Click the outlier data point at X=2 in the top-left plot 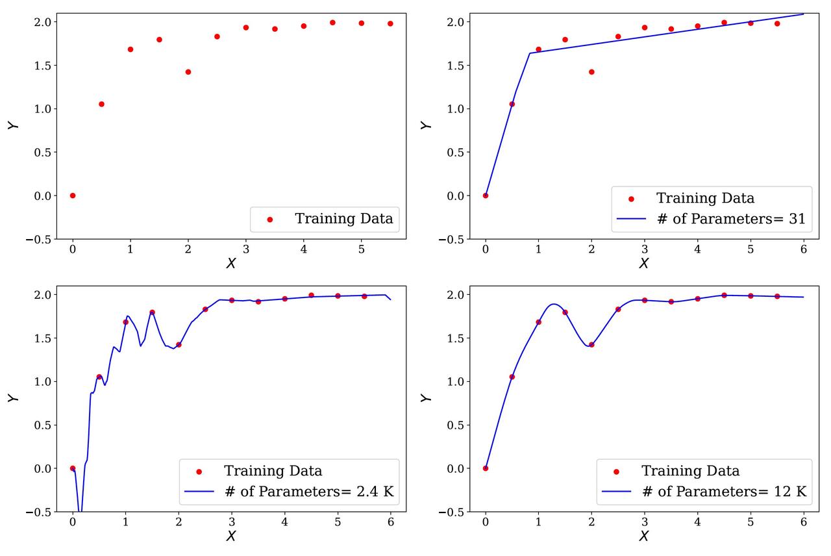[x=188, y=72]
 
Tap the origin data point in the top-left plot [x=73, y=196]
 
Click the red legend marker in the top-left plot [x=270, y=220]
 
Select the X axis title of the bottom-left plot [x=231, y=537]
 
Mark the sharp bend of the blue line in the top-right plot [x=530, y=53]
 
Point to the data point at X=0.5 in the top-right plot [x=512, y=104]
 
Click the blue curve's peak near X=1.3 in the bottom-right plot [x=553, y=304]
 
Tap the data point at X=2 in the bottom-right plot [x=591, y=345]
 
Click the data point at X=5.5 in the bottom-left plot [x=364, y=296]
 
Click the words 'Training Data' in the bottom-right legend [x=691, y=471]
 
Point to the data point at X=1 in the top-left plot [x=130, y=49]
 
